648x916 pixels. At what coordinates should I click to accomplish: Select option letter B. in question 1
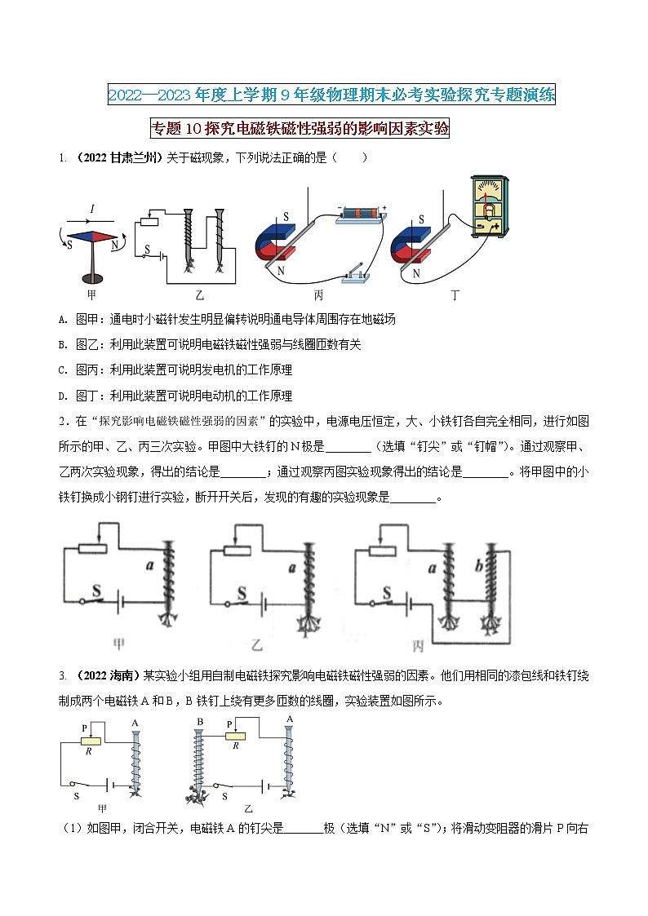64,344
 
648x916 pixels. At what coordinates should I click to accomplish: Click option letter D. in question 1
64,396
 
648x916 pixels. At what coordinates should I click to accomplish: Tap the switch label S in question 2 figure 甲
96,588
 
